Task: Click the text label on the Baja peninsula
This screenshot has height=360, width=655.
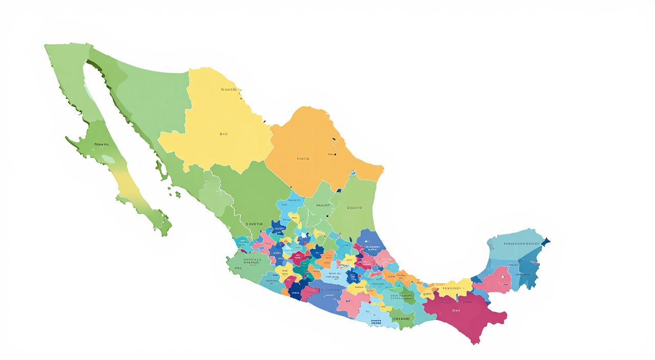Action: (101, 145)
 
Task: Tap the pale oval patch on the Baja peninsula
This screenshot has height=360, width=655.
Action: (108, 159)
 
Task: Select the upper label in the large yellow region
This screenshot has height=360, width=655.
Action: (229, 89)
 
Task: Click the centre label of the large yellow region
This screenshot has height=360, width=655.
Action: (223, 134)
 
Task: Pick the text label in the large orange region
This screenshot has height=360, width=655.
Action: (303, 159)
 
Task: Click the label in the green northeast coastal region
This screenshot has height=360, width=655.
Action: (354, 208)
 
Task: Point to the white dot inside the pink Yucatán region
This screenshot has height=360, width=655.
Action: (503, 277)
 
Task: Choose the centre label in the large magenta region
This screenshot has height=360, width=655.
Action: (456, 310)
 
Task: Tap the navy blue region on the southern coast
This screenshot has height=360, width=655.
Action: (296, 291)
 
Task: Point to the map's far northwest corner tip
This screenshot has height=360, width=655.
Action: (46, 46)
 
